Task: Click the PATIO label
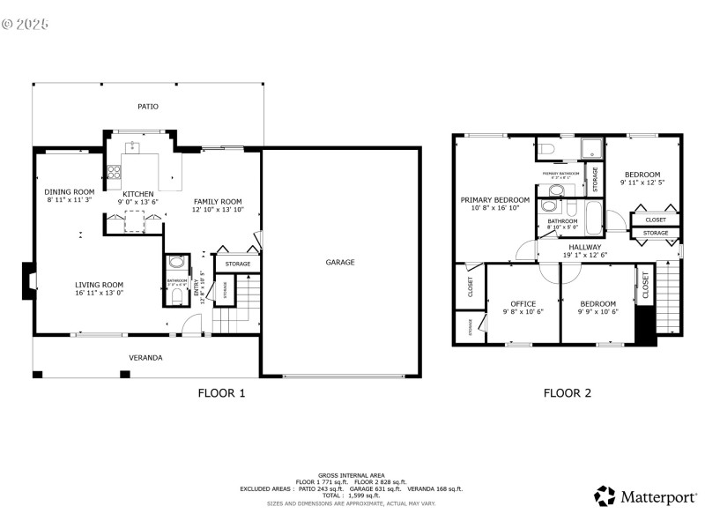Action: [148, 106]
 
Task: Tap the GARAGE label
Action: [340, 262]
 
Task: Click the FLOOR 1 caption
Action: [221, 393]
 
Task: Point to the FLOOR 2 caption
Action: [567, 393]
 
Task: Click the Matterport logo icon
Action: [605, 496]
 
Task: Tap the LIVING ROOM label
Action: [99, 285]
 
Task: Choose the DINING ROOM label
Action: [70, 192]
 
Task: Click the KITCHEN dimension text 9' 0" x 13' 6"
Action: [138, 202]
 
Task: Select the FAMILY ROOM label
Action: [218, 201]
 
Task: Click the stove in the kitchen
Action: [115, 171]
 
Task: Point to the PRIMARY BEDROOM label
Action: [495, 200]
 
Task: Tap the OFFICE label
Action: [523, 303]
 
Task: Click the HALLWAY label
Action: [585, 247]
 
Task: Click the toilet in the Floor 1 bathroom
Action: [176, 297]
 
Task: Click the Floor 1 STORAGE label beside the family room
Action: [237, 264]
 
